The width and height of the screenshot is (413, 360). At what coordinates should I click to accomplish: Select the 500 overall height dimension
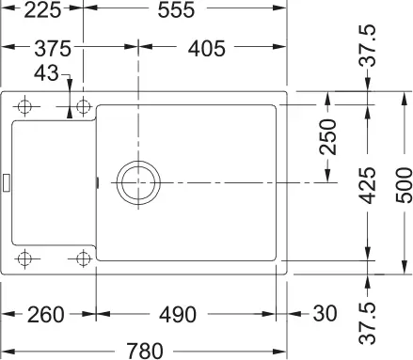402,184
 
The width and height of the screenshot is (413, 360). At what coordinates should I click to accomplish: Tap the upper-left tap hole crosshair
27,105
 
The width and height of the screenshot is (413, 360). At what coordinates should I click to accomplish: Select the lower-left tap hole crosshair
27,257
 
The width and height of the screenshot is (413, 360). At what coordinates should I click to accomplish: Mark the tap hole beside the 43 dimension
83,105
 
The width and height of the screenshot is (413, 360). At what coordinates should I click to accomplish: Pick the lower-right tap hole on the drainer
83,257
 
